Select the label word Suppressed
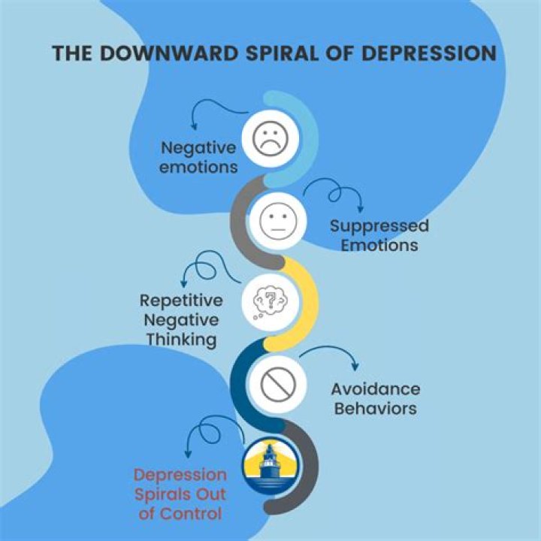tap(379, 225)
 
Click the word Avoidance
tap(376, 389)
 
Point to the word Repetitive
tap(181, 301)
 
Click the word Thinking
tap(181, 339)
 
